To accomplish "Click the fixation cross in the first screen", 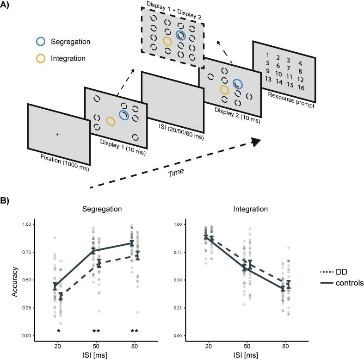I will point(57,134).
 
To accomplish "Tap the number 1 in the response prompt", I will point(267,56).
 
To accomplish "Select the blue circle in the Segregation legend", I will point(41,42).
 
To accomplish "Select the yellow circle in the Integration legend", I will point(41,59).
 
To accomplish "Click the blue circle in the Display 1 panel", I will point(123,114).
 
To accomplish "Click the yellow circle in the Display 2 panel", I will point(224,89).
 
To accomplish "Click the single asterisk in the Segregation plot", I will point(58,331).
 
